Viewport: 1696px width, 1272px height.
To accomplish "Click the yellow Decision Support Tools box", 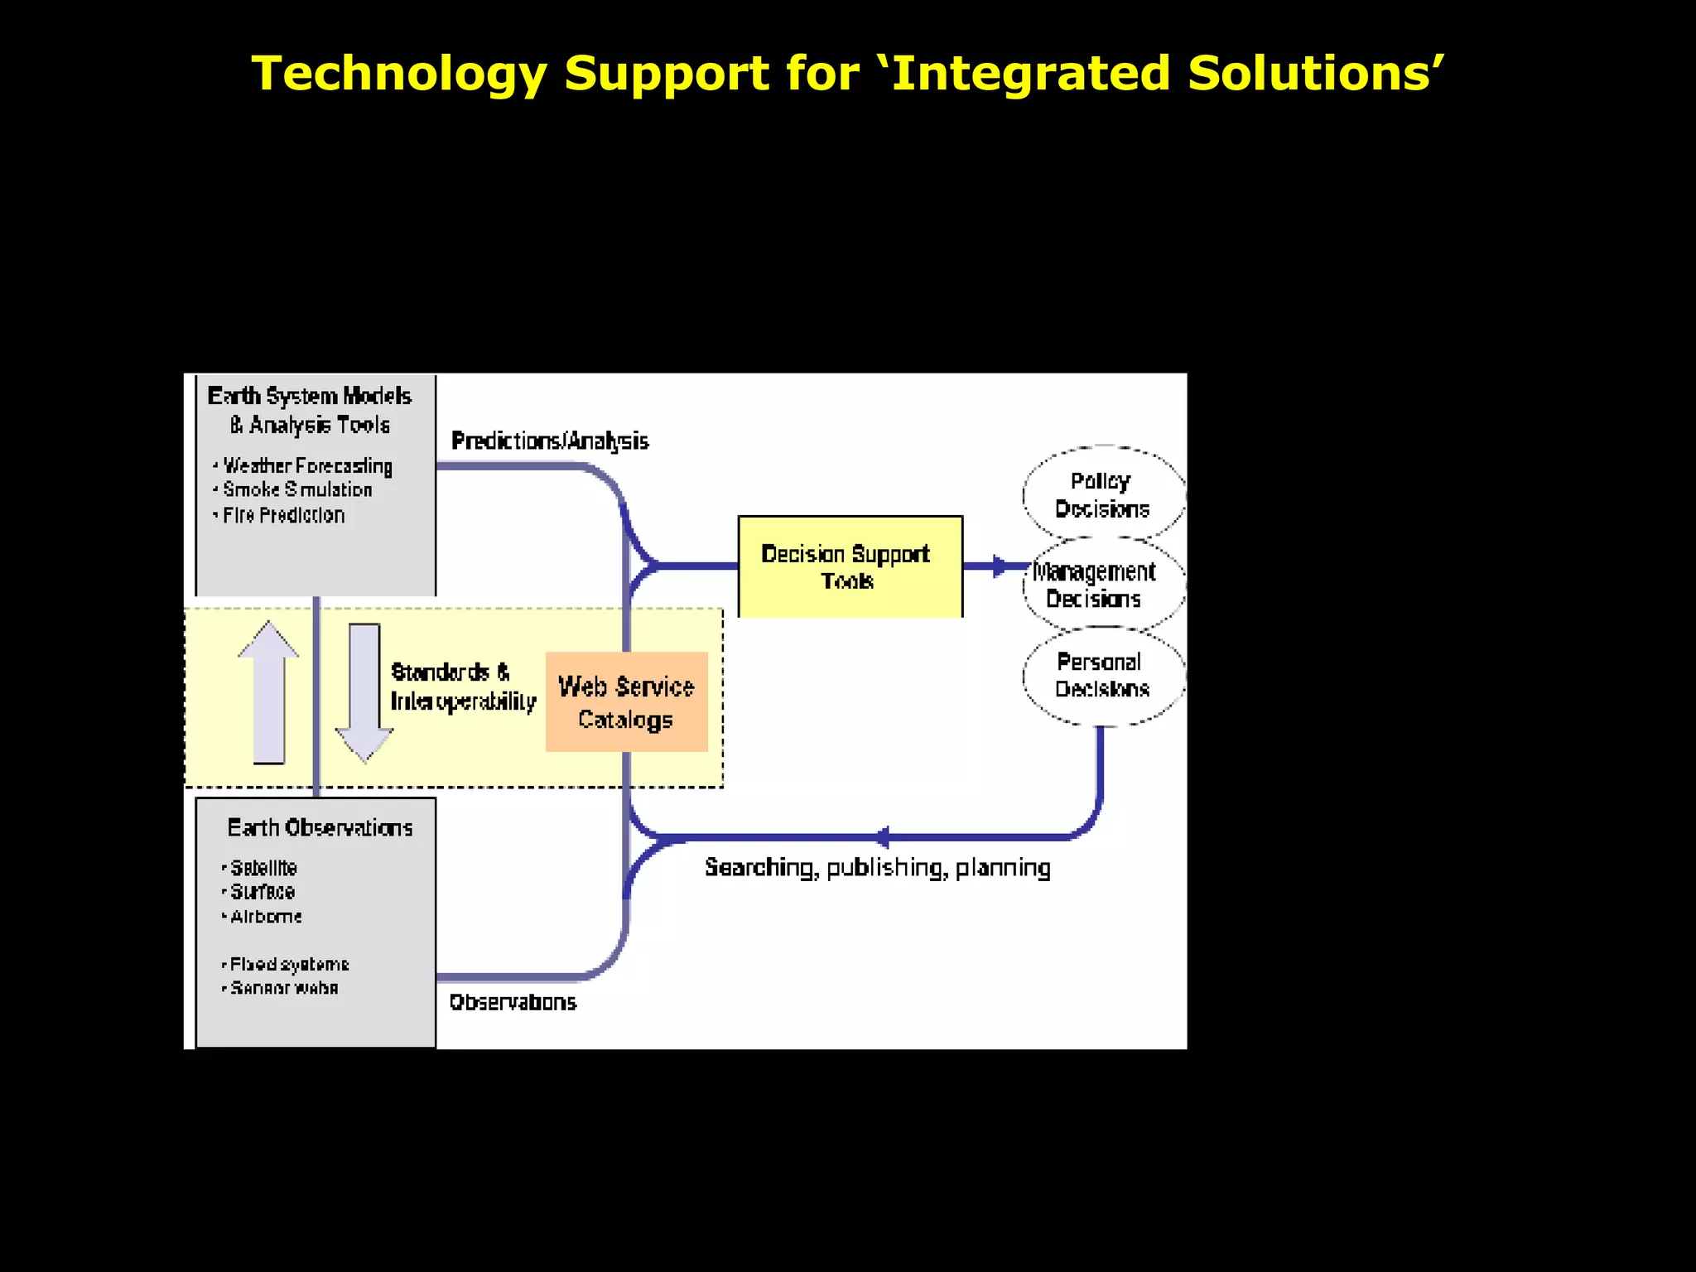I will tap(850, 566).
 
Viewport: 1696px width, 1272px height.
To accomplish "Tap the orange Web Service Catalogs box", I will tap(626, 702).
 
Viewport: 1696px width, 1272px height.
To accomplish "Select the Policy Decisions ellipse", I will tap(1102, 494).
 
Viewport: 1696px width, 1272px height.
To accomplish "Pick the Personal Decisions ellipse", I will tap(1102, 675).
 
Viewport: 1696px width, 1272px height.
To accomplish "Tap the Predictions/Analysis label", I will tap(550, 441).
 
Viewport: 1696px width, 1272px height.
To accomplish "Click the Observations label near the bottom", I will tap(513, 1002).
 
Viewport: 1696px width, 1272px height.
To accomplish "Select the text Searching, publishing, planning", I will tap(877, 867).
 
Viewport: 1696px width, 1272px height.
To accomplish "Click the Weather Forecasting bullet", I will tap(307, 466).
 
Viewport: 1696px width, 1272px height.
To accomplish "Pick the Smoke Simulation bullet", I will tap(297, 490).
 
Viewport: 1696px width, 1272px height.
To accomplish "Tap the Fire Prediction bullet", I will tap(283, 515).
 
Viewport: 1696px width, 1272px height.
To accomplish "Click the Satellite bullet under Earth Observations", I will tap(263, 868).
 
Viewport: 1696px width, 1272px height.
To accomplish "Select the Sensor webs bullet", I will tap(284, 988).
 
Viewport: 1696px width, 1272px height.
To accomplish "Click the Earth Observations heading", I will tap(320, 828).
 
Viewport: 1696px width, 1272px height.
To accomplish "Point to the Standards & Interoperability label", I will tap(462, 687).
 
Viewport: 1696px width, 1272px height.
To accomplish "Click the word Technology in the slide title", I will tap(398, 73).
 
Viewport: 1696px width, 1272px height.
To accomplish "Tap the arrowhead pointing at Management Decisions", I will tap(1000, 566).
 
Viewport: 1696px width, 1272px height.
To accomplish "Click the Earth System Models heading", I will tap(310, 397).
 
